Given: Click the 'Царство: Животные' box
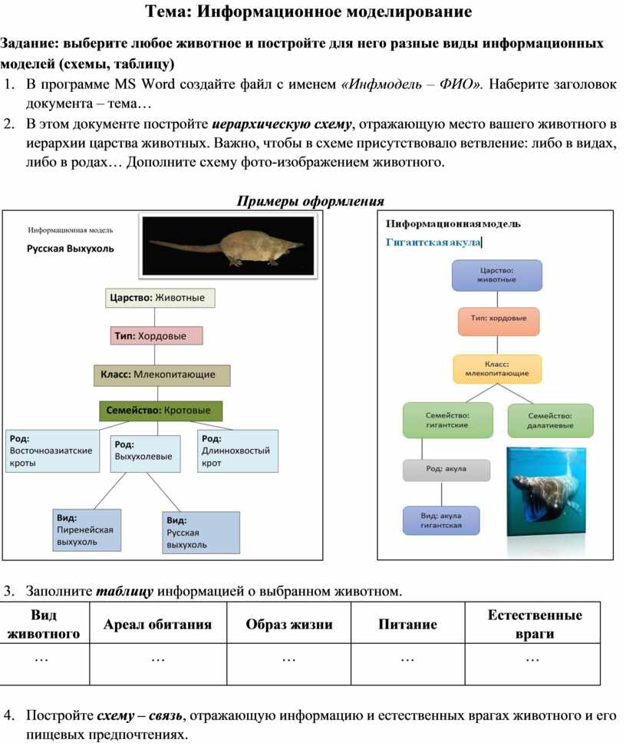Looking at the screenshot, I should tap(160, 298).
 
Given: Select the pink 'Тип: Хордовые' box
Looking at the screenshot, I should tap(156, 335).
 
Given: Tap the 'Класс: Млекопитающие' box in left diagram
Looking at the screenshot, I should tap(161, 375).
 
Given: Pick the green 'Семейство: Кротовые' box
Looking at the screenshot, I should tap(160, 411).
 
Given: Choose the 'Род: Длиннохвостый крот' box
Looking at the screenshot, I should tap(239, 451).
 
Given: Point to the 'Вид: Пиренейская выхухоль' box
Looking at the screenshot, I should tap(87, 530).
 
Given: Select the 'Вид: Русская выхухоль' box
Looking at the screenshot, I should tap(200, 532).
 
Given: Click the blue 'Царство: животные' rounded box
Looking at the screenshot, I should tap(496, 275).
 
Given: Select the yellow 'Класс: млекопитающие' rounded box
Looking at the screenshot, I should tap(497, 368).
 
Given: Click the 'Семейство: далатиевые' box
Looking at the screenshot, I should tap(550, 420).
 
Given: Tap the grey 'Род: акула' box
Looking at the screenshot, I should tap(446, 469).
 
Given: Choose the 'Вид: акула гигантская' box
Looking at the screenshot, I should tap(441, 520).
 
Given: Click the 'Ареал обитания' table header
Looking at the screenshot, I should tap(158, 624).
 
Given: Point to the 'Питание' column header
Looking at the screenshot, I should tap(407, 624).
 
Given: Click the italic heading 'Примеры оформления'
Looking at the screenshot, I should tap(310, 201).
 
